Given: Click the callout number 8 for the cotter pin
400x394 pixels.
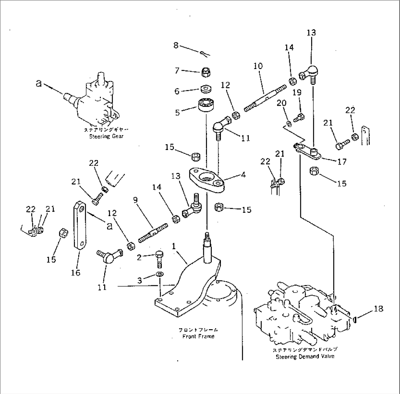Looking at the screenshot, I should click(x=176, y=46).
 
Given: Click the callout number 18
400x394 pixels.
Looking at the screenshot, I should click(x=379, y=309).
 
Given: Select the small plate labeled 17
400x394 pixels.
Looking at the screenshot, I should click(x=308, y=152).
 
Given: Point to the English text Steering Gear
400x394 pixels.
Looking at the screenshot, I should click(x=106, y=137).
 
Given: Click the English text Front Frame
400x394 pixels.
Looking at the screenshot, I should click(x=198, y=336).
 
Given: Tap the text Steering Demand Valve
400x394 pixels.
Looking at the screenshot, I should click(x=305, y=356).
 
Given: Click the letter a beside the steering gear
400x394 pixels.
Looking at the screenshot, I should click(x=39, y=83).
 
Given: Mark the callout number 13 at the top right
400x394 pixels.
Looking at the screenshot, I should click(x=311, y=33).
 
